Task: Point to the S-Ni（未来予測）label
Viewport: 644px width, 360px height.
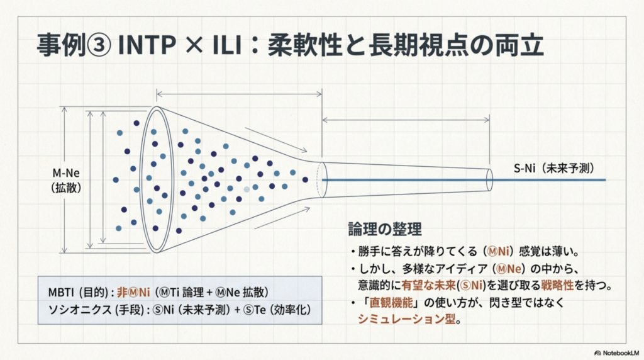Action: coord(553,169)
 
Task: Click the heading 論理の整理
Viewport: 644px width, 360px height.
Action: coord(384,228)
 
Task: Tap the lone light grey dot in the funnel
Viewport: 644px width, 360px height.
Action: coord(247,189)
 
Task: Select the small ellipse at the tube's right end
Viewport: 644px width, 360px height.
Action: coord(489,179)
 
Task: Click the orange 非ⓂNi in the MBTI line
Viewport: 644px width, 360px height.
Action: coord(135,292)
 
